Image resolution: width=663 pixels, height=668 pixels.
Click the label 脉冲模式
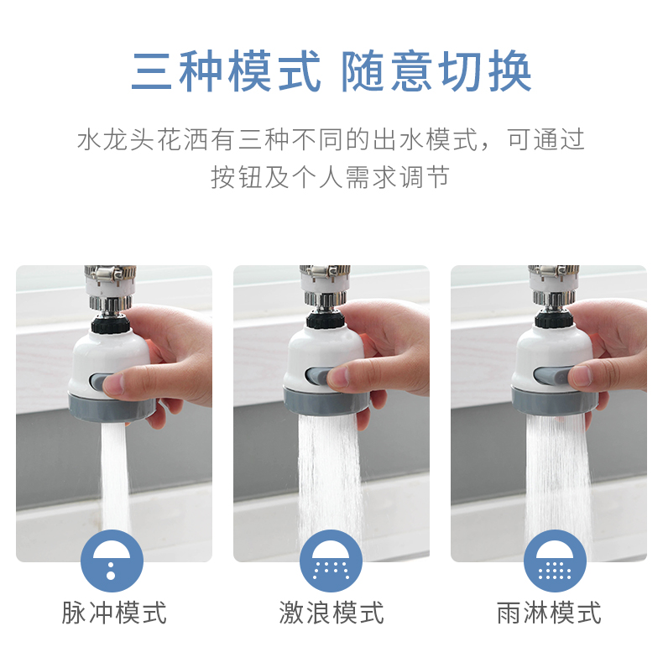[114, 613]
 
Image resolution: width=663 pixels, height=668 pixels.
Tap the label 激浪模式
[331, 613]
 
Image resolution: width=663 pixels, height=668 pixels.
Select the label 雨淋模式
[549, 613]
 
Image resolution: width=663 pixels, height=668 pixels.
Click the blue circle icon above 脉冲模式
[112, 561]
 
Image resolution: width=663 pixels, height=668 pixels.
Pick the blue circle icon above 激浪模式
[331, 561]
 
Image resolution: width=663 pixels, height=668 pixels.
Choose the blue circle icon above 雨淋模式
[555, 561]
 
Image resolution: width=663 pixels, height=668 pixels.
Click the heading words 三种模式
[227, 71]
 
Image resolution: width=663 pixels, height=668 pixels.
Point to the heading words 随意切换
[436, 71]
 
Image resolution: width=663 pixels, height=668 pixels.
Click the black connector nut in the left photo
[110, 323]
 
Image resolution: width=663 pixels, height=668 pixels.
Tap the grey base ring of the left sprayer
[112, 407]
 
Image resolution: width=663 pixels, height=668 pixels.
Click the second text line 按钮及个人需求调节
[331, 177]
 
